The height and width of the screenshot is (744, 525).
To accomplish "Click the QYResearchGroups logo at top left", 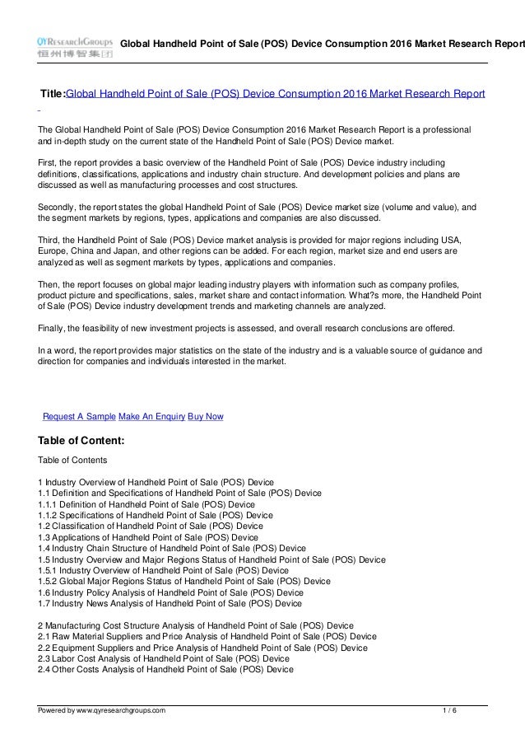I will pos(74,44).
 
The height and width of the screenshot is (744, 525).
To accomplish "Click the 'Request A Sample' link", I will pos(79,417).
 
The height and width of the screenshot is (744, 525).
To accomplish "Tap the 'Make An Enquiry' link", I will pos(152,417).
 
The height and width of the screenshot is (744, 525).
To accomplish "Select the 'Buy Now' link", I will pos(206,417).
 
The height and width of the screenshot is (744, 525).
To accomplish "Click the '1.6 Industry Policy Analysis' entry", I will pos(170,592).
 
